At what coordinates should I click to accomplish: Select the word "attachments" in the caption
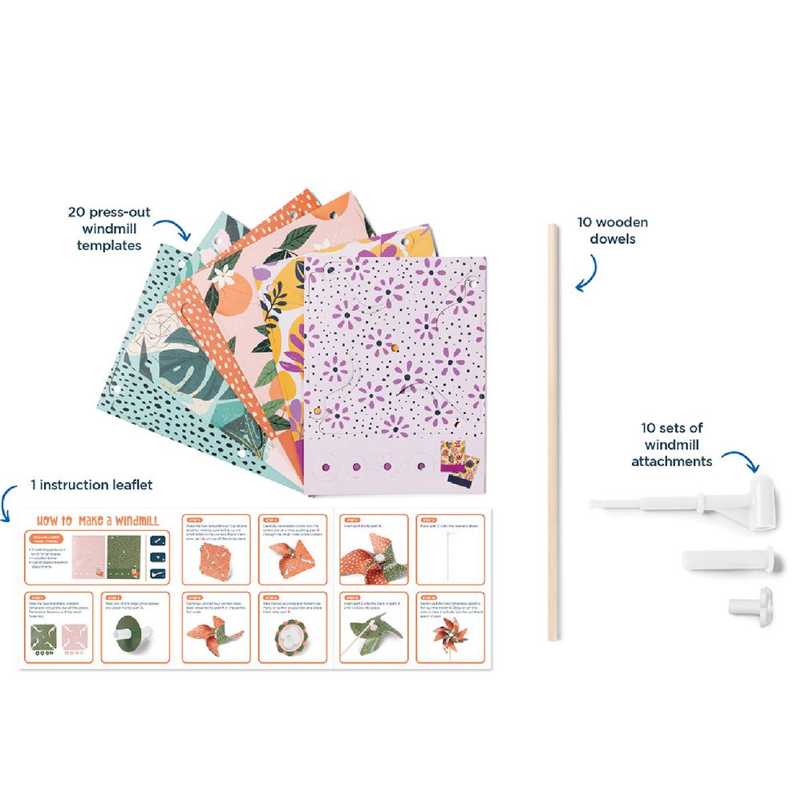[671, 461]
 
